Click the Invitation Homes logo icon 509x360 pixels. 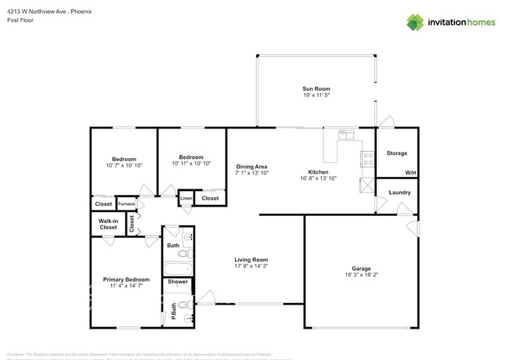414,22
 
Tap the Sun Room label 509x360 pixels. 316,88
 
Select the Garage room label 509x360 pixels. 361,268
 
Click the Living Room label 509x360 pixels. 251,260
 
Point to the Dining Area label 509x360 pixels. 252,167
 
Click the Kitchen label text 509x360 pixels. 317,172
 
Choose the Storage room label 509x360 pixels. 396,153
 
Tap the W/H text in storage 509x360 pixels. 410,173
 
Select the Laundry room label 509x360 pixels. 399,192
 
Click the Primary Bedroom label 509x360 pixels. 126,279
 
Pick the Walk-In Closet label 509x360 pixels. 108,225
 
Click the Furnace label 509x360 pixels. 126,204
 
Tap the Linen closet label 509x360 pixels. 186,199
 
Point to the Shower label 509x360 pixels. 177,282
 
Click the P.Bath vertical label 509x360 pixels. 173,312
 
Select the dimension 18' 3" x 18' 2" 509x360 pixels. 361,275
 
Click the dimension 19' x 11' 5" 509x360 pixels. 316,95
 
